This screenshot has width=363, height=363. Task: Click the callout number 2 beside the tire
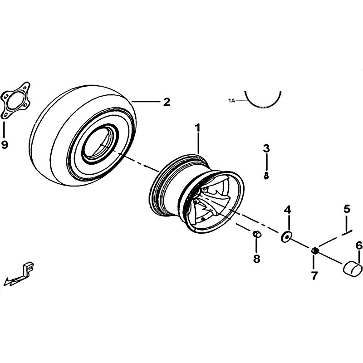(x=167, y=102)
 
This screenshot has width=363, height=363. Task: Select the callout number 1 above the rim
(x=197, y=128)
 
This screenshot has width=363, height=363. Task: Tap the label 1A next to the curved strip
(x=231, y=101)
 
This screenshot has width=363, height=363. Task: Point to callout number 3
(x=266, y=148)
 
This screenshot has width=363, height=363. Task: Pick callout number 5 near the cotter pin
(x=347, y=209)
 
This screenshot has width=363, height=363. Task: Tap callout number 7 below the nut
(x=314, y=275)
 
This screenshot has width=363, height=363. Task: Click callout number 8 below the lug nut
(x=256, y=259)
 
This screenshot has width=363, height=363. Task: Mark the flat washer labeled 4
(x=286, y=237)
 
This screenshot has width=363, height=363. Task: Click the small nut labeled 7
(x=314, y=250)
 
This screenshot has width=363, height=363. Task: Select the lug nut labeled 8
(x=256, y=234)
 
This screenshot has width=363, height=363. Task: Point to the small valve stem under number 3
(x=266, y=176)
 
